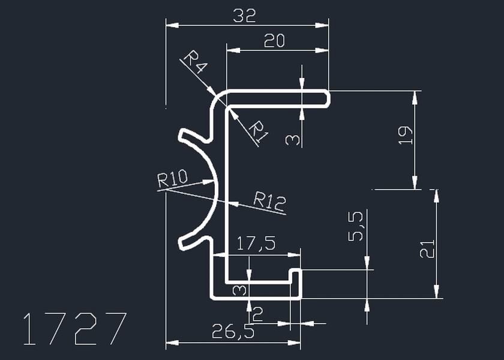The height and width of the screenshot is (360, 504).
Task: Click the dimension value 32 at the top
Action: coord(245,16)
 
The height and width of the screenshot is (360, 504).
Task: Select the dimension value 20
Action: coord(274,41)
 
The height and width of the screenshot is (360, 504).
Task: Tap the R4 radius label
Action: coord(194,62)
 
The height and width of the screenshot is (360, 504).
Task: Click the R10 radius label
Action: coord(172,179)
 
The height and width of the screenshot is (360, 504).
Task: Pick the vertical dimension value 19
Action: coord(406,134)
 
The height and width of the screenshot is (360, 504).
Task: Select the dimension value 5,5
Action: coord(356,226)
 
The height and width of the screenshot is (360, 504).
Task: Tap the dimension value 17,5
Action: coord(256,244)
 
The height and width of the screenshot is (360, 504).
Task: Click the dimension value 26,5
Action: coord(233,331)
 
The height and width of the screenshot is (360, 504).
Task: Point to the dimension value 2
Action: coord(258,313)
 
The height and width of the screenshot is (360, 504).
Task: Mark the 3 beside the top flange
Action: coord(292,140)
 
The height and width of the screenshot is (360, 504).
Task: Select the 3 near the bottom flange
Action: coord(239,290)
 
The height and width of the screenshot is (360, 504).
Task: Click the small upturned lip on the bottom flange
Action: coord(295,275)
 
